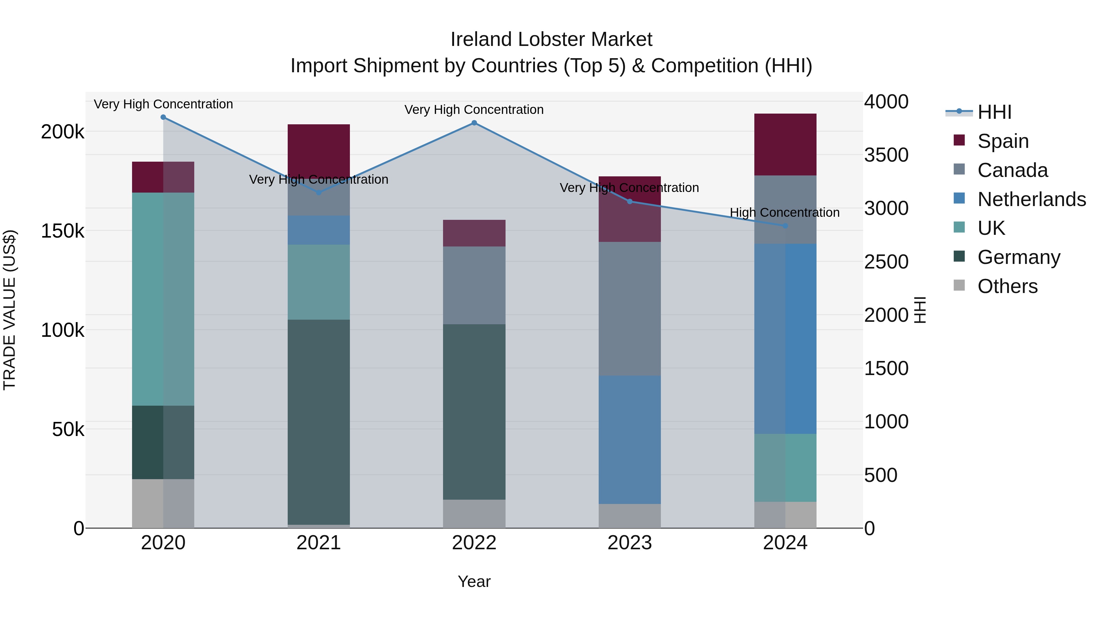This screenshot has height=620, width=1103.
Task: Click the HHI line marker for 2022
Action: [474, 123]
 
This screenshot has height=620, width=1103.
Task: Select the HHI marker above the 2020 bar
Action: [163, 117]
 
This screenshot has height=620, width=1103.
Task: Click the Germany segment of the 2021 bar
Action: [319, 422]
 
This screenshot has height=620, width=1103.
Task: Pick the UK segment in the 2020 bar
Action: [163, 299]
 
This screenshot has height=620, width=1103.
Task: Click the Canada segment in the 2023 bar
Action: [629, 309]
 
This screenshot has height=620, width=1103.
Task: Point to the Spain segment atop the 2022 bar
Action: [474, 233]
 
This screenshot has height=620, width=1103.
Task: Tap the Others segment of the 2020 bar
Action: [163, 503]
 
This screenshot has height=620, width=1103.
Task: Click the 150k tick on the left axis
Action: [63, 231]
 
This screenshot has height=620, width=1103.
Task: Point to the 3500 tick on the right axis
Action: [886, 155]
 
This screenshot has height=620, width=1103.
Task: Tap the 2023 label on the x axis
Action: [629, 543]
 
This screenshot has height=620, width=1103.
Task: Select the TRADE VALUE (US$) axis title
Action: [10, 310]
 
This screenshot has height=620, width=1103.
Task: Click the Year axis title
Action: [474, 581]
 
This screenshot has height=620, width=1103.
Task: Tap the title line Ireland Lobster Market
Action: [551, 39]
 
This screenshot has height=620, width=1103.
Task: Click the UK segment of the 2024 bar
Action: [785, 468]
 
